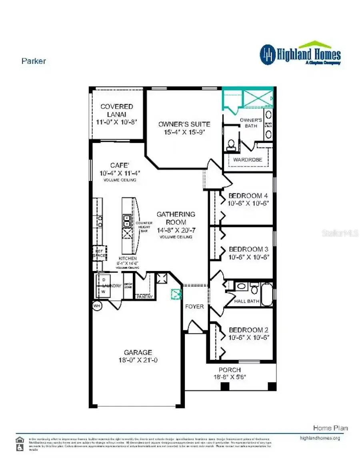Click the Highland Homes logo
pos(300,54)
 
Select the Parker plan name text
pos(34,61)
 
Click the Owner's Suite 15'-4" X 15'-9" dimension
pos(184,132)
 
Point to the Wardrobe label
pos(248,160)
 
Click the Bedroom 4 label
pos(248,196)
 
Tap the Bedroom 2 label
pos(248,330)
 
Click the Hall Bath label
pos(247,301)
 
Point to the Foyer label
pos(194,307)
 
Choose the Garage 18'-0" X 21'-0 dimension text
pos(138,360)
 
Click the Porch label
pos(230,370)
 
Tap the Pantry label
pos(144,297)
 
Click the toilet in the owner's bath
pos(231,145)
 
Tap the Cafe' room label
pos(120,165)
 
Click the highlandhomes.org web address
pos(320,438)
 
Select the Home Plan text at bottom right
pos(330,428)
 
